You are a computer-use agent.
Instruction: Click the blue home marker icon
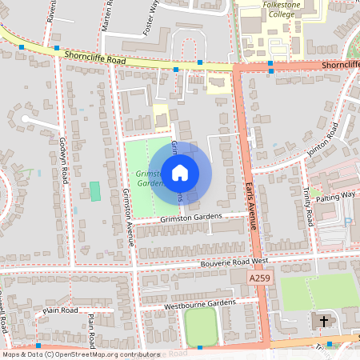coord(180,172)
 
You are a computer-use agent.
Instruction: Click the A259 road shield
coord(258,277)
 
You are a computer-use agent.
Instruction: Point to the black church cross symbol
coord(324,322)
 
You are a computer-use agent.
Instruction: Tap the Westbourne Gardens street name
coord(200,304)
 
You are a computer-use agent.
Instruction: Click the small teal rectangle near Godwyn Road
coord(95,191)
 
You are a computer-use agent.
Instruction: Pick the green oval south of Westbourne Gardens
coord(200,326)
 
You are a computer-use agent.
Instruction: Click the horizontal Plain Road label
coord(61,310)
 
